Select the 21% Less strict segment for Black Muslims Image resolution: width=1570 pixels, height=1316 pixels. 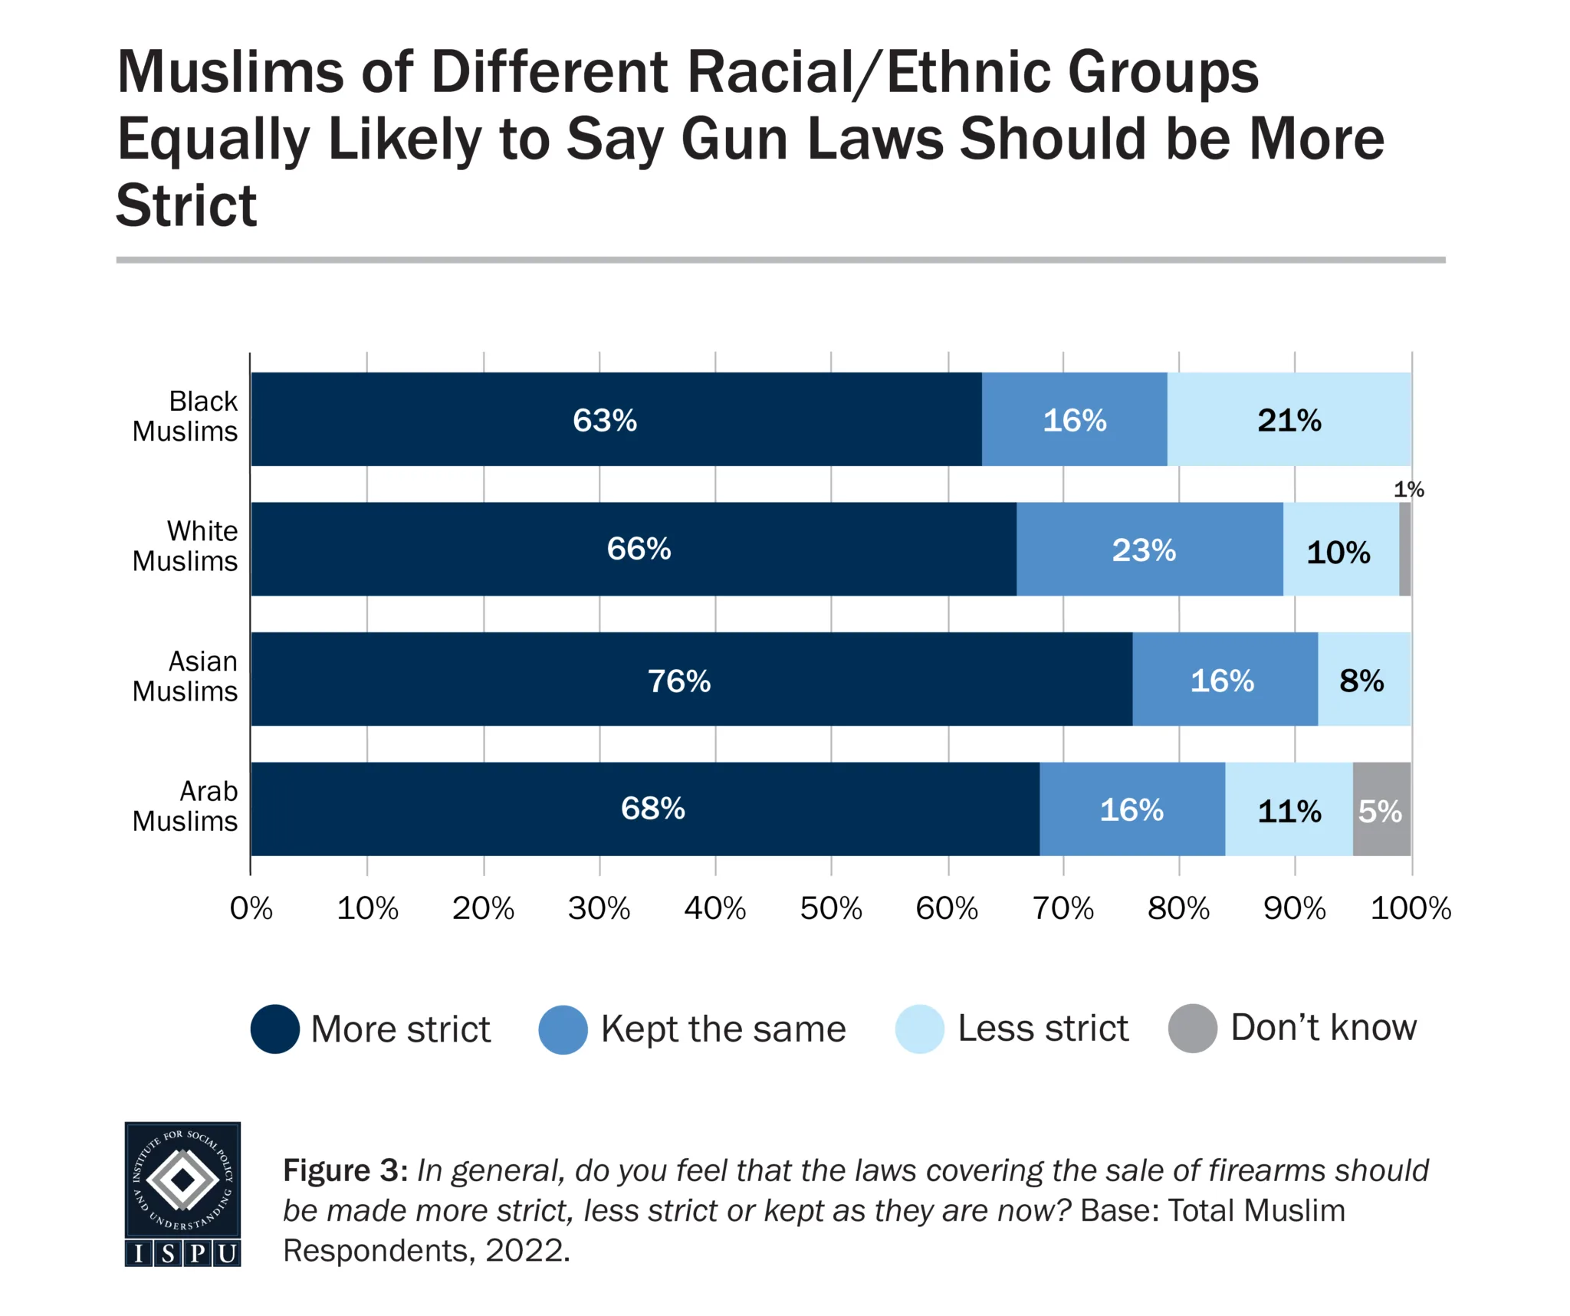coord(1289,419)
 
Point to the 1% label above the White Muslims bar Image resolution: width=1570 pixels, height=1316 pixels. coord(1408,489)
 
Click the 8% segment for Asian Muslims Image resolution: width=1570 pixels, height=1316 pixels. coord(1364,679)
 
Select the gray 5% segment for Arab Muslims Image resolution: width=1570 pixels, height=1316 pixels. coord(1381,809)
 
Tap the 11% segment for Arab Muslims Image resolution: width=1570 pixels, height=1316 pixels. coord(1289,809)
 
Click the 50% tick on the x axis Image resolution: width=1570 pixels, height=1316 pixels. coord(831,908)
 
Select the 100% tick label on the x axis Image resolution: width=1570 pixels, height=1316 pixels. coord(1411,908)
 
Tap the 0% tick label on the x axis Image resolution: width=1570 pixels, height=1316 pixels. coord(251,908)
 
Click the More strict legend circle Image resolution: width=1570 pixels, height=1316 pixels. coord(274,1029)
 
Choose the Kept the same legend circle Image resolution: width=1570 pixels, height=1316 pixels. coord(563,1029)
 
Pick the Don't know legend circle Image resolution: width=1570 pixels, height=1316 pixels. coord(1192,1028)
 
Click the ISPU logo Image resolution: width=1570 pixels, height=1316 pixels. coord(182,1193)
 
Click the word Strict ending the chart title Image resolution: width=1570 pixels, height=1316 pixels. coord(186,205)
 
